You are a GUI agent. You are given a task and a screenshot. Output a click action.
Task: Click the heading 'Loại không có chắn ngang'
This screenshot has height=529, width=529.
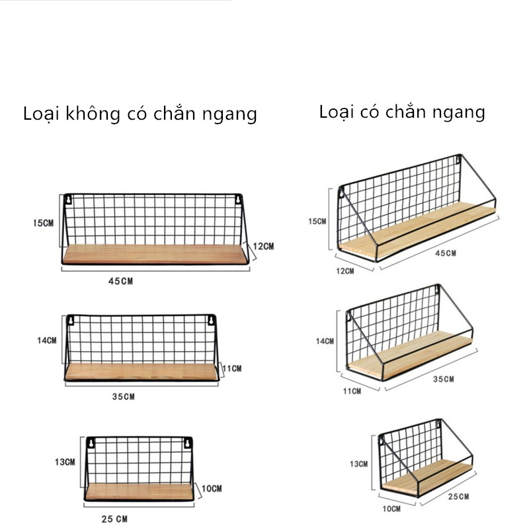140,114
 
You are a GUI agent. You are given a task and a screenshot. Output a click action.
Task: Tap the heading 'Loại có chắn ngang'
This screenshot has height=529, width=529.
402,112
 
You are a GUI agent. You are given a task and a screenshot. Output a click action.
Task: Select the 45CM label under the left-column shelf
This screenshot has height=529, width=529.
121,281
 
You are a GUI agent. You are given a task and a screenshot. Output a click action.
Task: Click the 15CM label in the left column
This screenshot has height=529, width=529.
43,223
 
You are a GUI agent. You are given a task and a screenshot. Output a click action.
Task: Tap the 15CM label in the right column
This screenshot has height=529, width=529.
318,221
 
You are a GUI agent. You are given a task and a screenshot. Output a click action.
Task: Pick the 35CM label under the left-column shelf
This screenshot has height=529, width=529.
123,397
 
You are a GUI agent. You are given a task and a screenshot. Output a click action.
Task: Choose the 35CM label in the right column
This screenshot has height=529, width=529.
442,379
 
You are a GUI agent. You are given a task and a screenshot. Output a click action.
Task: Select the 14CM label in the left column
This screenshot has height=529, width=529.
46,341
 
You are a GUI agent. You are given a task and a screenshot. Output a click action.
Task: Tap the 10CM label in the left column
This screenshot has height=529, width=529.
211,489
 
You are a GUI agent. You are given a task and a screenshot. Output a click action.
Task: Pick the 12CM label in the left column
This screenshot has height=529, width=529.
263,247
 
